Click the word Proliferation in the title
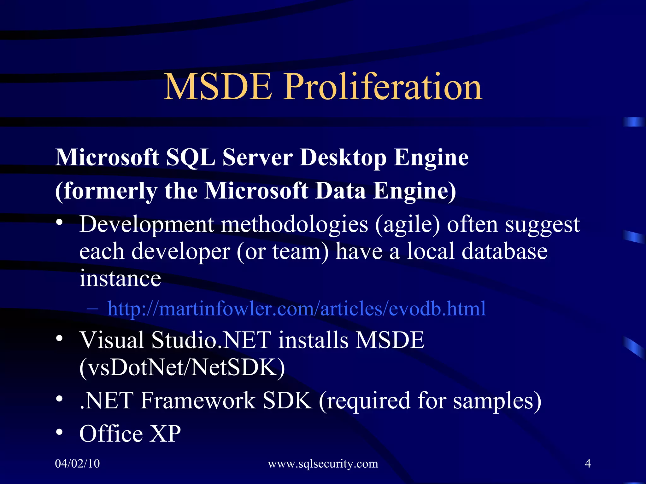coord(383,87)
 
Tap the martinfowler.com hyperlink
coord(297,308)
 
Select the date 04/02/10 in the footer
coord(77,464)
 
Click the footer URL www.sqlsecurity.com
coord(323,464)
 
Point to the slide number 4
coord(588,464)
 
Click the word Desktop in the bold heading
coord(343,157)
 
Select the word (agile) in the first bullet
coord(407,225)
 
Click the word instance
coord(120,279)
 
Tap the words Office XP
coord(130,434)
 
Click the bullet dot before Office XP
coord(59,432)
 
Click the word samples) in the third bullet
coord(497,401)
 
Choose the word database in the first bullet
coord(504,251)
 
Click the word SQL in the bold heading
coord(191,157)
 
